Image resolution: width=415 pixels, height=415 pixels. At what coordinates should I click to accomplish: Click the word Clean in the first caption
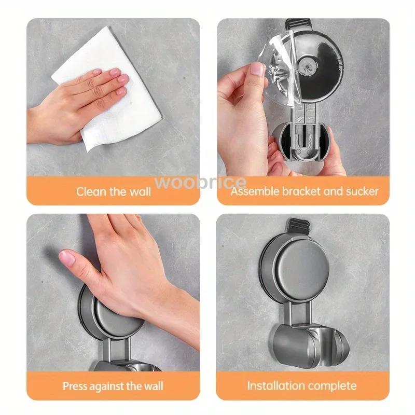[x=91, y=191]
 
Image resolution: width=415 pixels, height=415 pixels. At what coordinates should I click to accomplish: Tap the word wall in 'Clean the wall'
[x=139, y=191]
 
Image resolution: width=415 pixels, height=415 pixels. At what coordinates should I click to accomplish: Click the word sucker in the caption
[x=362, y=191]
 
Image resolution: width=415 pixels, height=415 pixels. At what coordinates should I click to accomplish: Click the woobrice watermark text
[x=208, y=182]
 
